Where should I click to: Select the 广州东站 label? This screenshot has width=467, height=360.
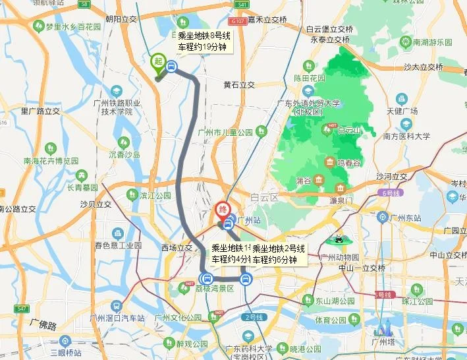point(404,218)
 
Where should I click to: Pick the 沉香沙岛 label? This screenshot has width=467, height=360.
point(124,155)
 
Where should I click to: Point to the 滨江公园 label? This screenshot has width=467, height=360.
point(155,196)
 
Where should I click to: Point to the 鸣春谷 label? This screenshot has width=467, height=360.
point(349,162)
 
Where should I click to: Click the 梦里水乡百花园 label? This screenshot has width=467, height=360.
point(72,27)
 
